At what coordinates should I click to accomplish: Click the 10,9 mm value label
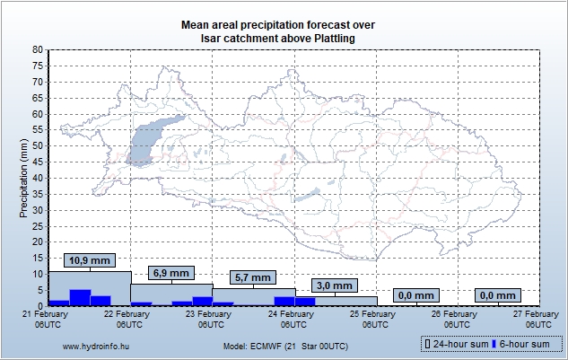point(89,260)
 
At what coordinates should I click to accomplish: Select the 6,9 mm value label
point(170,273)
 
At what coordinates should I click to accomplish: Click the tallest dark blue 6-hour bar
point(80,297)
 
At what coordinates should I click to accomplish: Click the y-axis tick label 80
point(37,50)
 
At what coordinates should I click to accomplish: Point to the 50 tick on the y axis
point(37,146)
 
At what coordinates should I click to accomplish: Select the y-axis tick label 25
point(37,226)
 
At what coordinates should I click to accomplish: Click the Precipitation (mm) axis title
point(24,178)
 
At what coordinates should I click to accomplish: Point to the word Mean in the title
point(197,24)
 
